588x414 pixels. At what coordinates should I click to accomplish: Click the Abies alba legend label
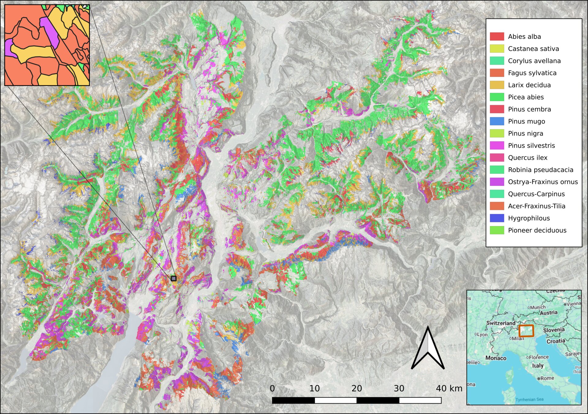pos(524,36)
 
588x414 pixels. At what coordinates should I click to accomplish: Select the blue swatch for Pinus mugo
pos(497,121)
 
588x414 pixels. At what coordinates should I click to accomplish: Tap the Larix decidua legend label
pos(529,85)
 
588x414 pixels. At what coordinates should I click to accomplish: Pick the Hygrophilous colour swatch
pos(497,218)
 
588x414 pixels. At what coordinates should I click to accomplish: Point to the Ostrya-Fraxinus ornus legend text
pos(543,182)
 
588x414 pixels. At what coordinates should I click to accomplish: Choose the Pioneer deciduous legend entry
pos(537,230)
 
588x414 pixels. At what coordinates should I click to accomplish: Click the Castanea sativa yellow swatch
pos(497,48)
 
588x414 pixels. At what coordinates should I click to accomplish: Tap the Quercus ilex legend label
pos(527,158)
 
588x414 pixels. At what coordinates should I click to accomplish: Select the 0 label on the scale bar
pos(272,388)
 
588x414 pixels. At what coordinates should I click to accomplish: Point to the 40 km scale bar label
pos(449,388)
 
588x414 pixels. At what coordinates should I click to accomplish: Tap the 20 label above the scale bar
pos(357,388)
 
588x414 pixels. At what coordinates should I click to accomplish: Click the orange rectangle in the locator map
pos(526,331)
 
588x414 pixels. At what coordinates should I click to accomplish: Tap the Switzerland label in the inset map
pos(501,323)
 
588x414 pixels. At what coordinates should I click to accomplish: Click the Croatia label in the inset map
pos(556,341)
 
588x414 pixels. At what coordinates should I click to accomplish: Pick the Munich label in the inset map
pos(538,307)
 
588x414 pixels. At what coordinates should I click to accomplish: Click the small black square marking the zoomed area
pos(174,278)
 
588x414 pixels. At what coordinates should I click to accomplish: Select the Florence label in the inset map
pos(538,357)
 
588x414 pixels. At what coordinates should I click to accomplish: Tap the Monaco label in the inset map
pos(496,358)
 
